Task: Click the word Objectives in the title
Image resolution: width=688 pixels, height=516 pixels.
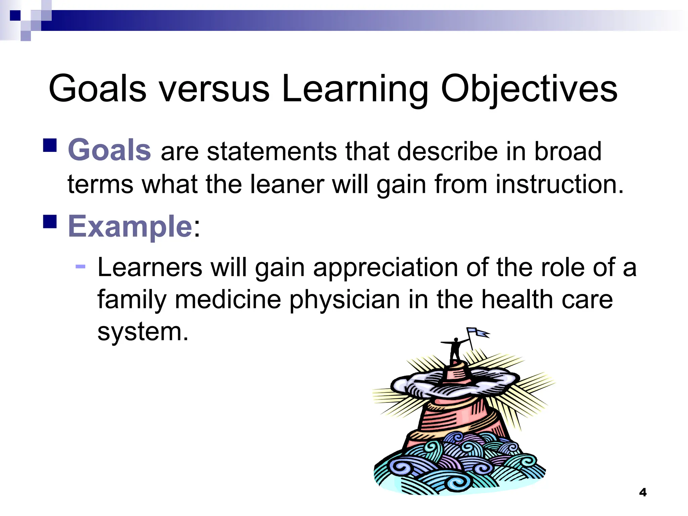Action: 529,89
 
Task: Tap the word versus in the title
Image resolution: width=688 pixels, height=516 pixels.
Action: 214,89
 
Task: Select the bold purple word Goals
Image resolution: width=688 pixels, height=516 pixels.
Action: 110,150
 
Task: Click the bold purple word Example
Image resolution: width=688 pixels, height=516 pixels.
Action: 130,226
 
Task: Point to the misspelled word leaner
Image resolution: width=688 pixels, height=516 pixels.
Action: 287,184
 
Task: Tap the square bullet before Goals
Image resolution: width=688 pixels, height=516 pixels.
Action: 50,145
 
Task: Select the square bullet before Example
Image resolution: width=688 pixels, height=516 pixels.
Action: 50,222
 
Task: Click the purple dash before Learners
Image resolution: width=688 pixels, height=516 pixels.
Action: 81,267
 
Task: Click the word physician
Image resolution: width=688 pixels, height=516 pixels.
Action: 344,299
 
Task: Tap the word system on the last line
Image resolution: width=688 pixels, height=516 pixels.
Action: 143,332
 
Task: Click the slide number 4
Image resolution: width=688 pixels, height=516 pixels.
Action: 643,492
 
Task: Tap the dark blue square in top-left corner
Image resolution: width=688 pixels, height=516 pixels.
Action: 15,15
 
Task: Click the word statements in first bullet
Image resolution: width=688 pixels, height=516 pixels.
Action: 271,151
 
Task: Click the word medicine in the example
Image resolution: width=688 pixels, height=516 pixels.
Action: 227,299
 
